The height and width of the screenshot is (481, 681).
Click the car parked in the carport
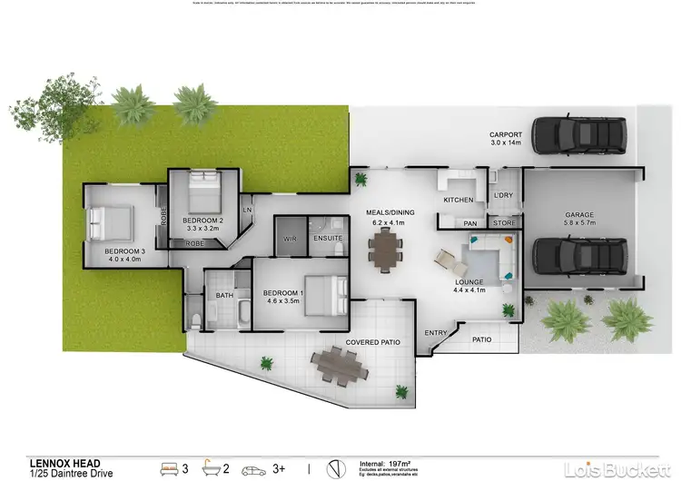(x=578, y=136)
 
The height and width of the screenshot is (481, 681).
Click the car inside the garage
(x=578, y=256)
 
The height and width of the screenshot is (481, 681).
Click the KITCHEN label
(x=458, y=199)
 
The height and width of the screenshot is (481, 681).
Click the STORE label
(x=503, y=222)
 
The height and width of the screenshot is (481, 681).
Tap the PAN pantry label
(x=470, y=223)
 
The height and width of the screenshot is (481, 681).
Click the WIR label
(x=291, y=239)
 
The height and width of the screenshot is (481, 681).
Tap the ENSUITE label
(x=327, y=239)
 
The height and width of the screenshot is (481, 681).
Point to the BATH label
(x=225, y=296)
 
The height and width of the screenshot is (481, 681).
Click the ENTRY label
(x=436, y=333)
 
